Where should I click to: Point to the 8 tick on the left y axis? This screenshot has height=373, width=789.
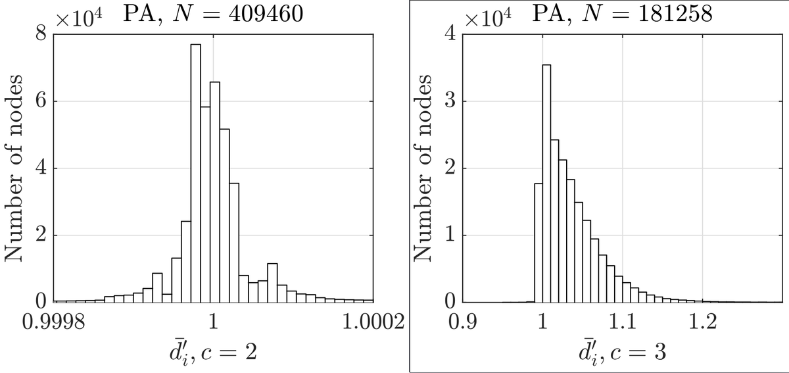pyautogui.click(x=41, y=34)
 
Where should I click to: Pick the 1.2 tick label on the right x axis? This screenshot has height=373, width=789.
pyautogui.click(x=703, y=322)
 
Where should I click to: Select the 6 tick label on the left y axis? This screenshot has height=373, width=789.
pyautogui.click(x=41, y=102)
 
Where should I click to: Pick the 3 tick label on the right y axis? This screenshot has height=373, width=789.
pyautogui.click(x=450, y=102)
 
